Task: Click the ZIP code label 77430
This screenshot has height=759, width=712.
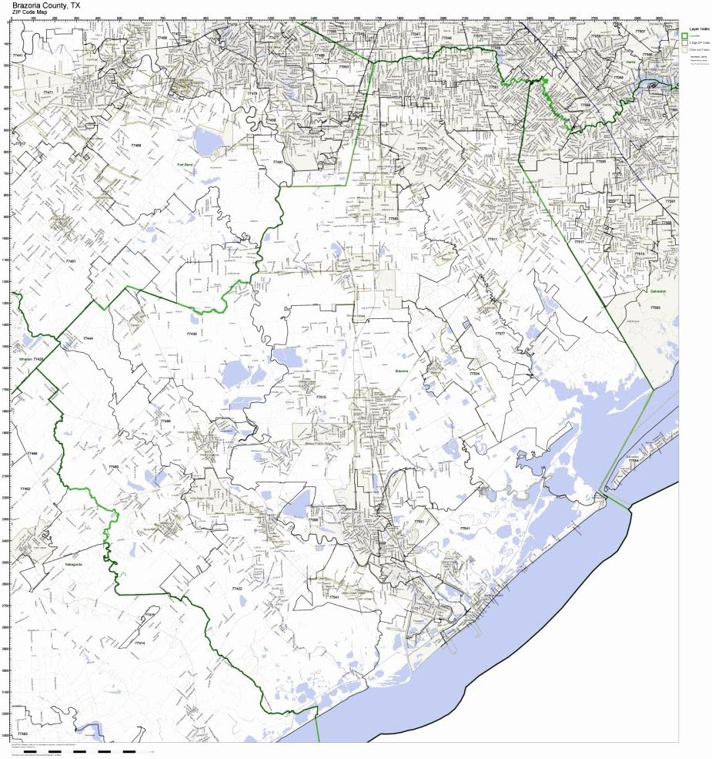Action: coord(192,334)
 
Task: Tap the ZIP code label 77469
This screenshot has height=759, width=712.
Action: coord(136,145)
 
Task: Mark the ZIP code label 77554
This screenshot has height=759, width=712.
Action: coord(633,461)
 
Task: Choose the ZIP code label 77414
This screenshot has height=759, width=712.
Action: coord(139,643)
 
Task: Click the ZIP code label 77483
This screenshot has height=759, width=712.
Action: coord(22,734)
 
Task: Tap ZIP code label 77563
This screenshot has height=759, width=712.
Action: coord(654,307)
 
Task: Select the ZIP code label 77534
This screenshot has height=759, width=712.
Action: coord(475,374)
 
